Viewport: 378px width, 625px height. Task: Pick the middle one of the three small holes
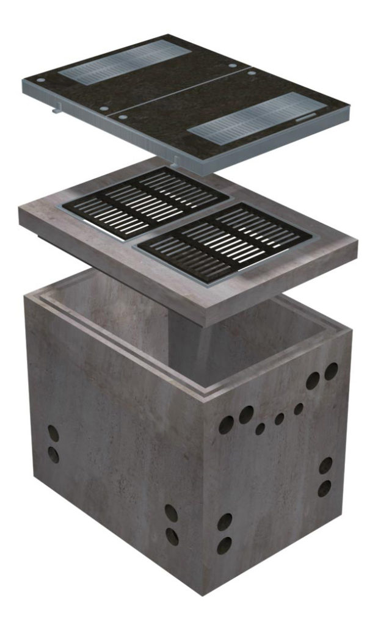click(279, 419)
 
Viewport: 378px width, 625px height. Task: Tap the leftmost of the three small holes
click(260, 429)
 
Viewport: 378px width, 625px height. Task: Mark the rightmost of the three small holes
click(298, 409)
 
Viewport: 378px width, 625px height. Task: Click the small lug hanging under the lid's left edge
click(57, 109)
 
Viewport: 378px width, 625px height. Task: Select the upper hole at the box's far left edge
click(54, 434)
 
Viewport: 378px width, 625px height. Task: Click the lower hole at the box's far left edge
click(54, 454)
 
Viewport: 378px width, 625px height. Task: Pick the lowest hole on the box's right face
click(224, 544)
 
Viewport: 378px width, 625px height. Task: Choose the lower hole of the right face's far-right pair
click(324, 488)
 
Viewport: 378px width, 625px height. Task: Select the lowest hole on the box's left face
click(172, 536)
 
